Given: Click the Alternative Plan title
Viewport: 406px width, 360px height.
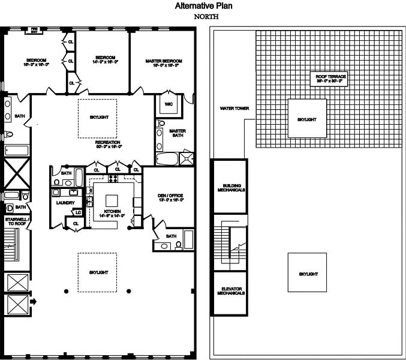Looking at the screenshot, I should pos(203,7).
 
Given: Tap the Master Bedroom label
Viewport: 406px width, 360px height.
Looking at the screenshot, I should pos(163,61).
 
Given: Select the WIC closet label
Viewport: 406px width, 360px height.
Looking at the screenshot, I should pos(168,103).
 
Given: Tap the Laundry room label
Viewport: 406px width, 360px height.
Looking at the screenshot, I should pos(64,203).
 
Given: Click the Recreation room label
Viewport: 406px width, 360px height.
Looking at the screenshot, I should pos(109,143).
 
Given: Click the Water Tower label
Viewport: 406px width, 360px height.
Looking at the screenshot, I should pos(233,109).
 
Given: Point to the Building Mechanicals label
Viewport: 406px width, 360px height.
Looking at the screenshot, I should pos(228,187).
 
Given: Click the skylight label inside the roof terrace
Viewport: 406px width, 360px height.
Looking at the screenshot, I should pos(306,120).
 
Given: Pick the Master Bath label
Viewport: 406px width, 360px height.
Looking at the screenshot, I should pos(177,133).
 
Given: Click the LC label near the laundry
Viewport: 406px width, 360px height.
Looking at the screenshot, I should pos(78,212).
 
